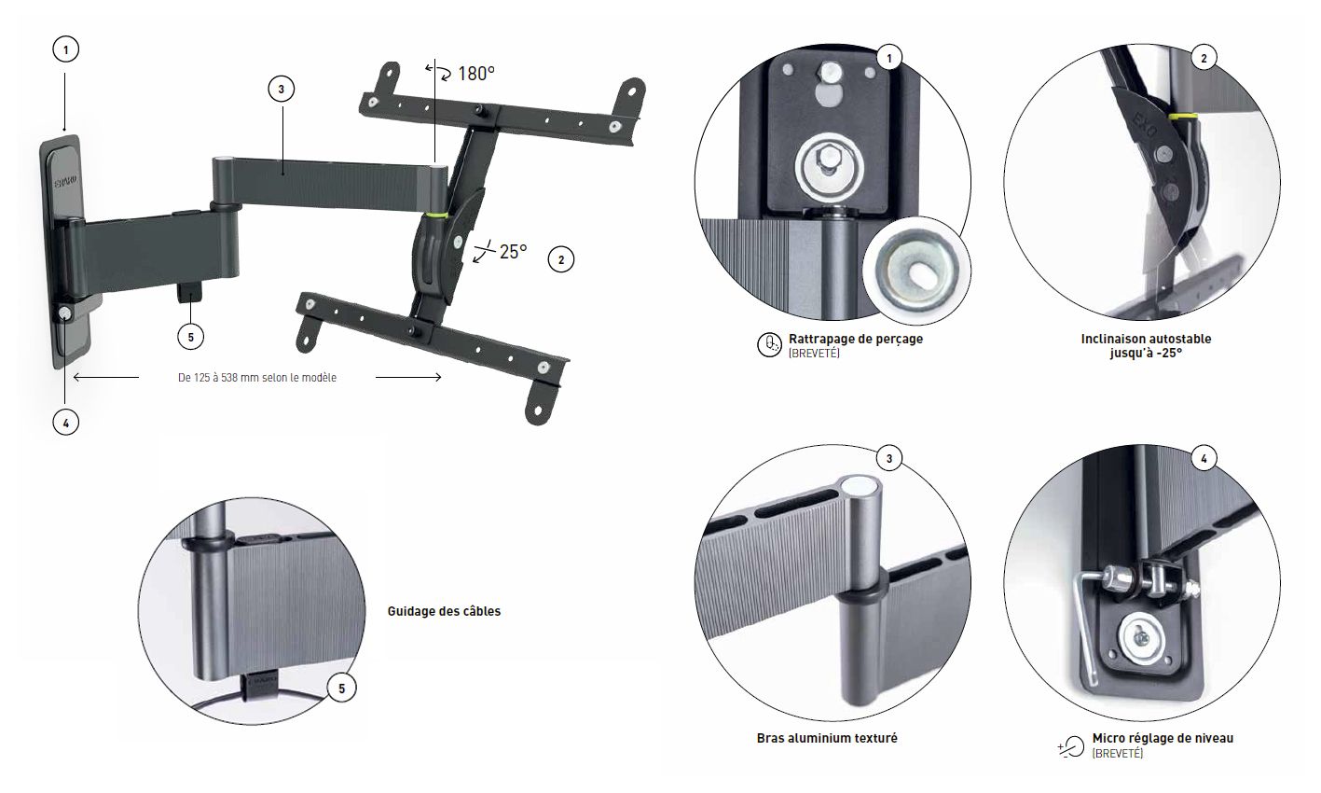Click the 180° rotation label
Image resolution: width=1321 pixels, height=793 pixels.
475,74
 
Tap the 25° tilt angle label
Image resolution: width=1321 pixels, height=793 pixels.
513,251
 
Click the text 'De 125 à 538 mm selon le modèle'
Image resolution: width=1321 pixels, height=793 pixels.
257,378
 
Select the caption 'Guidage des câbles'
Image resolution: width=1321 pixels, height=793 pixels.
444,612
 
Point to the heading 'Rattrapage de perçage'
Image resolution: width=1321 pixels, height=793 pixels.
855,340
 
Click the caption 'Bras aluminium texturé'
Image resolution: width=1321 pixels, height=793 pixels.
827,738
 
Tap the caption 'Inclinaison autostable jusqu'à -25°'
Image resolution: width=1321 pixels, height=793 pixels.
1146,346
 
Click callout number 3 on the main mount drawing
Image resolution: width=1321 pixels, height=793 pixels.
281,90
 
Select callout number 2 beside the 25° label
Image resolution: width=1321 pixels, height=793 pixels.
560,260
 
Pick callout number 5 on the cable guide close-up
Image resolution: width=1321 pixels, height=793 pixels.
341,689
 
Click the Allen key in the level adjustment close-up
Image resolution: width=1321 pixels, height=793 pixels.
1084,616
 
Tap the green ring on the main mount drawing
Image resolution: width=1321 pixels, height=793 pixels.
433,216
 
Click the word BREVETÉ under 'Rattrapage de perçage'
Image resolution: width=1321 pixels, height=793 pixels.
813,355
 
